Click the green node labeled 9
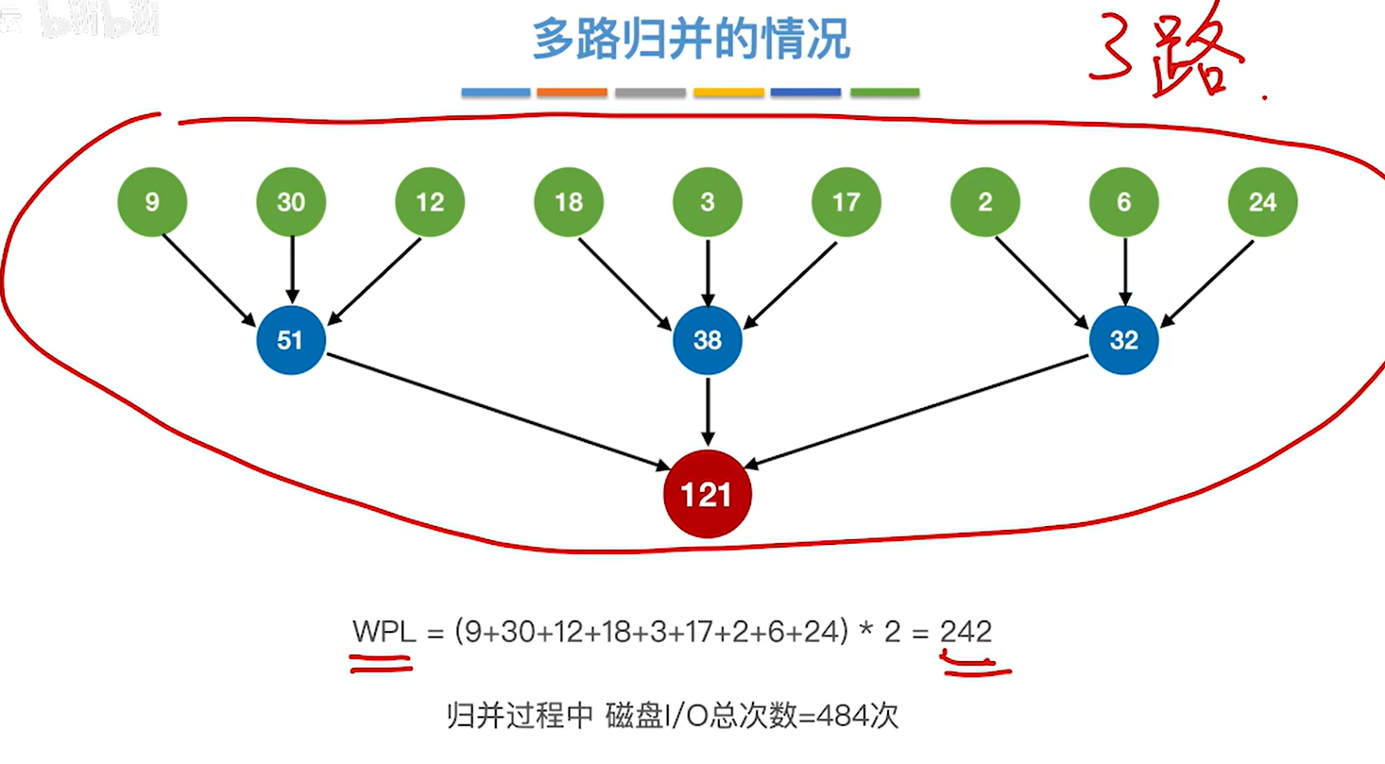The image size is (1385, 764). tap(152, 202)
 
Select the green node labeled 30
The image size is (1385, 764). tap(291, 202)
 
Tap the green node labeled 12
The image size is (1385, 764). tap(430, 202)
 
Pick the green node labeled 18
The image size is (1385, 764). tap(569, 202)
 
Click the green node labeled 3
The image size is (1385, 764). tap(708, 202)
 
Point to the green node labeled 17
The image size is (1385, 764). tap(846, 202)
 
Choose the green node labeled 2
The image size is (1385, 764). tap(985, 202)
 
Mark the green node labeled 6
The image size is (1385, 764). tap(1123, 202)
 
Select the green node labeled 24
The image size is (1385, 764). tap(1262, 202)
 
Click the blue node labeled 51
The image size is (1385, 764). tap(291, 340)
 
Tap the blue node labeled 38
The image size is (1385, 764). tap(708, 340)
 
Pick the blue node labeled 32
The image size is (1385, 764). tap(1123, 340)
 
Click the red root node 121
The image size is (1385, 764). tap(707, 494)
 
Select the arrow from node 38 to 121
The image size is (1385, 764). tap(708, 411)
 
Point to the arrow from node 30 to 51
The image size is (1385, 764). tap(291, 270)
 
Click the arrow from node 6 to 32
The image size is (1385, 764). tap(1123, 270)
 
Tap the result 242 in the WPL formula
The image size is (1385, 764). tap(966, 632)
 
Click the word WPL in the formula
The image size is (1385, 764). tap(384, 632)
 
